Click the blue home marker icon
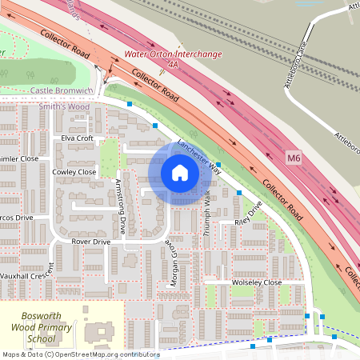point(179,173)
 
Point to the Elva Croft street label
point(78,138)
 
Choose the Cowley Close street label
point(74,172)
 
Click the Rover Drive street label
point(90,241)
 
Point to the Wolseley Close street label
point(257,282)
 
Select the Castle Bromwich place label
point(62,91)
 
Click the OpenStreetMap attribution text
point(80,354)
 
